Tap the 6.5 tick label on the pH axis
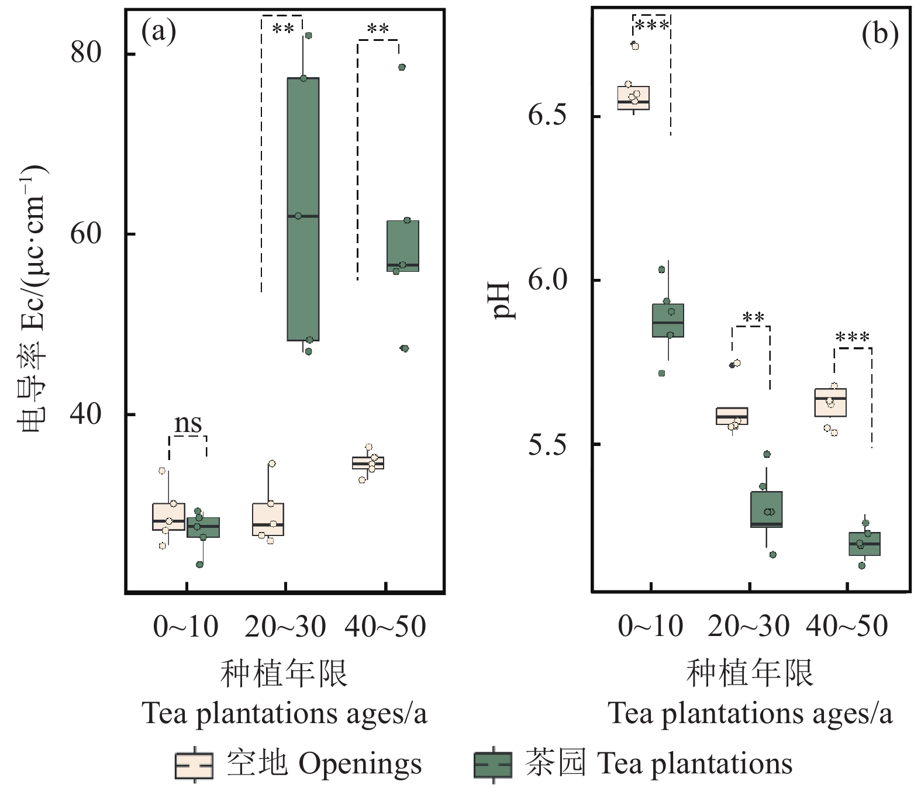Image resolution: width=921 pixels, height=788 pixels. [547, 115]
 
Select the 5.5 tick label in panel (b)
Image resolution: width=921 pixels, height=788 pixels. [547, 444]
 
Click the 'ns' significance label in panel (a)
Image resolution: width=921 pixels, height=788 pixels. [188, 423]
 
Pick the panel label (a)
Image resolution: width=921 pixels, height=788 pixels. [158, 32]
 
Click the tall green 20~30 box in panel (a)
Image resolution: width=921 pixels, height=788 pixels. [303, 209]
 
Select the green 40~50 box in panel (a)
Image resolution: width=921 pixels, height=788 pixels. [403, 246]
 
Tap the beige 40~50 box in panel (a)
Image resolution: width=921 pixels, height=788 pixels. [368, 463]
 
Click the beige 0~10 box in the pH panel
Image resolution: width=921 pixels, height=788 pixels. [634, 98]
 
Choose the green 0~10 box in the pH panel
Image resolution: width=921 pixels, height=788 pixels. [668, 320]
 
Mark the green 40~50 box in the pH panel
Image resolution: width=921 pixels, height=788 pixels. [864, 544]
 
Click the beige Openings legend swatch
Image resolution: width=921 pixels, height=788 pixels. [194, 765]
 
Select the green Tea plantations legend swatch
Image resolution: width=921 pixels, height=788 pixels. [492, 765]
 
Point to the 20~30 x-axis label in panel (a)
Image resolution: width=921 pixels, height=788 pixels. [285, 627]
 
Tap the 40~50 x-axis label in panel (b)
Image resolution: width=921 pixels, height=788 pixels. [847, 627]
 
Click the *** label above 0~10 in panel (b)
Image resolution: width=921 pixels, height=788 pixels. [651, 26]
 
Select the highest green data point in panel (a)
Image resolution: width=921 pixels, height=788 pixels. [308, 36]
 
